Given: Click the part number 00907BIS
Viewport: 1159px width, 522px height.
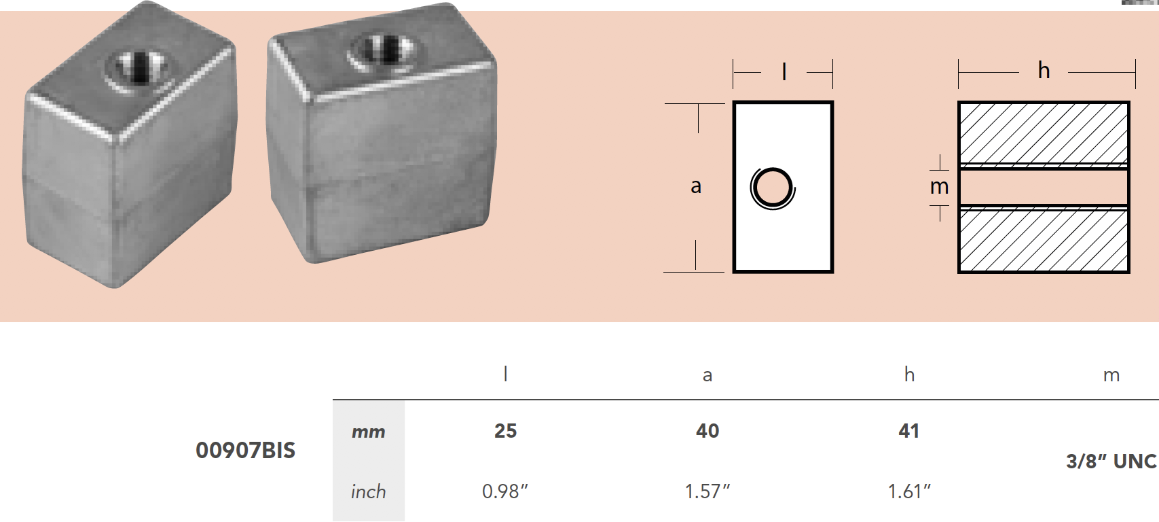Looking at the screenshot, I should [245, 450].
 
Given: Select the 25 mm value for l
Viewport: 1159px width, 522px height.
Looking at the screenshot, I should [505, 431].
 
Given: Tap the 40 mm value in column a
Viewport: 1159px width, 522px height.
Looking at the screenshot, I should [707, 431].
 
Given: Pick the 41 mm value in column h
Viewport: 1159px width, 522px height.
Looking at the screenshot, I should [908, 431].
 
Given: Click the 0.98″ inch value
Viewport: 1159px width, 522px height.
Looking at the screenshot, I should [504, 491].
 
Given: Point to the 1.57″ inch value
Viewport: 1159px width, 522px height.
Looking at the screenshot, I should [707, 491].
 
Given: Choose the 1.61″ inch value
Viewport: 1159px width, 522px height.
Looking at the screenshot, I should [908, 491].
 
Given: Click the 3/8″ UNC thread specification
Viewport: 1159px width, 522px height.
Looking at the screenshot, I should [1111, 461].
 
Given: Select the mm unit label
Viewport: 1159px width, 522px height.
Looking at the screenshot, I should [368, 432].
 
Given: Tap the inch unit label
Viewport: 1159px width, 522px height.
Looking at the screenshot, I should [368, 491].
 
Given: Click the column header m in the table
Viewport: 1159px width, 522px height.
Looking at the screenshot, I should [1111, 375].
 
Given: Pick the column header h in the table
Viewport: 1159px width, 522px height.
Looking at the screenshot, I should [909, 375].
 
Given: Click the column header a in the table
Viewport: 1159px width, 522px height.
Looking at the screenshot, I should [707, 375].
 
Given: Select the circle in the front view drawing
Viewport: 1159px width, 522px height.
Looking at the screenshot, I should [773, 188].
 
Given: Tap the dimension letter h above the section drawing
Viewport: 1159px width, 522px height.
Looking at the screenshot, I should [1044, 70].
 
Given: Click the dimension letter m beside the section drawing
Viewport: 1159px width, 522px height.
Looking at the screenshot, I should [939, 186].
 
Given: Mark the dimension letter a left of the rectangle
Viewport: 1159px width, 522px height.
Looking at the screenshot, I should [695, 186].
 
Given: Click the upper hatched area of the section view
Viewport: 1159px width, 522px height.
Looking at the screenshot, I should [1043, 133].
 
